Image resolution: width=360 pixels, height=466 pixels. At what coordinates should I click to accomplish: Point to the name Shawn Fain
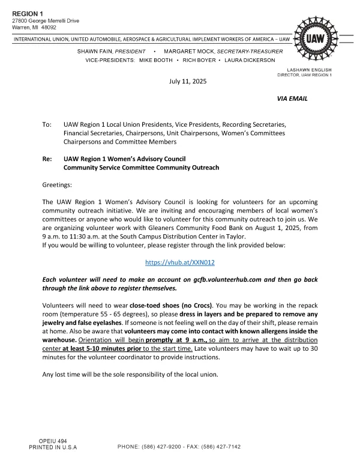coord(94,51)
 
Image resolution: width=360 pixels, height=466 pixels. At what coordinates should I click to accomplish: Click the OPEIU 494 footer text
coord(53,441)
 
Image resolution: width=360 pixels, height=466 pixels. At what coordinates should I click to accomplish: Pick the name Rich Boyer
coord(200,61)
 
